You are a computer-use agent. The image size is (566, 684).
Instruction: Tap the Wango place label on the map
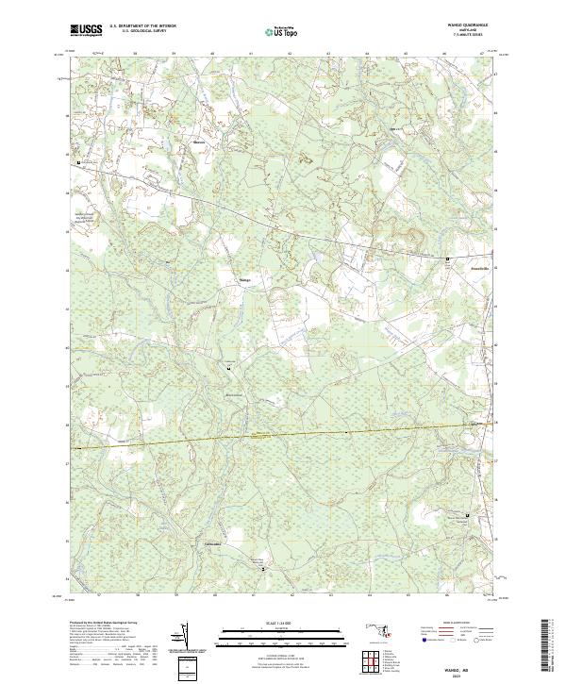pyautogui.click(x=244, y=280)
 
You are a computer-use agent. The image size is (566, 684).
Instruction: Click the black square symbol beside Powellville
pyautogui.click(x=448, y=258)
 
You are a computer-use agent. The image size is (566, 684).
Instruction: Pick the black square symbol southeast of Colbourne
pyautogui.click(x=263, y=569)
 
